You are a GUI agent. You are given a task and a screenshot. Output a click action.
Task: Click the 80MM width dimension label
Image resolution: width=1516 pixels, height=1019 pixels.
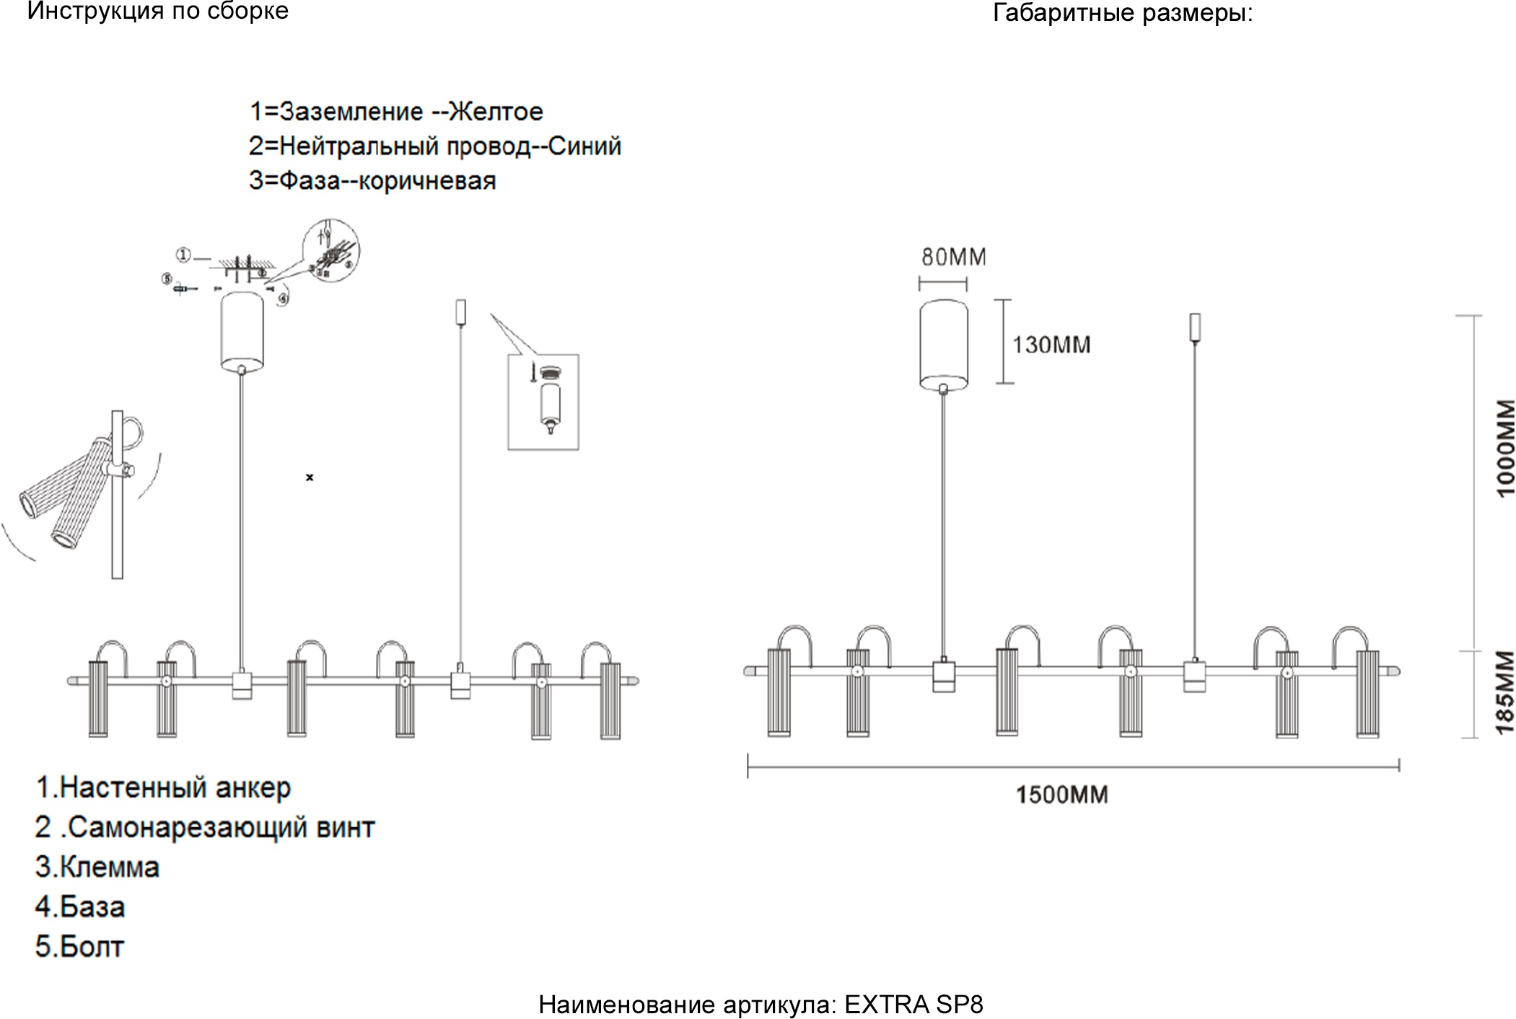coord(953,257)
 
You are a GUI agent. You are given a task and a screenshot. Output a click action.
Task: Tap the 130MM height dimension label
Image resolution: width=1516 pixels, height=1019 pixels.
coord(1051,345)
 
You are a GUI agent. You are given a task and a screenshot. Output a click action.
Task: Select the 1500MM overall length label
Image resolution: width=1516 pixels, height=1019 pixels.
coord(1061,795)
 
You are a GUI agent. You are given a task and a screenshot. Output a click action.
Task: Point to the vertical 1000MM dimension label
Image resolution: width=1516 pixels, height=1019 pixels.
coord(1506,448)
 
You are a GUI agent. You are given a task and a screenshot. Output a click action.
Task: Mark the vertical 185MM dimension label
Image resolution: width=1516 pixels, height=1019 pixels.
coord(1504,692)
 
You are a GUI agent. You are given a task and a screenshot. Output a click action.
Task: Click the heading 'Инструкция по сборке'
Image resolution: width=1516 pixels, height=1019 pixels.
coord(157,12)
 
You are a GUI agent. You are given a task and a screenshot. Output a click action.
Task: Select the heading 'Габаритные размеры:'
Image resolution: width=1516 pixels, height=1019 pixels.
coord(1123,13)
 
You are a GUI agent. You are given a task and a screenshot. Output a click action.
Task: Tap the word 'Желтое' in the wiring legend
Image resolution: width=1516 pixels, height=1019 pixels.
coord(496,112)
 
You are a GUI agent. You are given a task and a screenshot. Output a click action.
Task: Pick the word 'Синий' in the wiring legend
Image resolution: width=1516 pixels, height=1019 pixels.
coord(584,146)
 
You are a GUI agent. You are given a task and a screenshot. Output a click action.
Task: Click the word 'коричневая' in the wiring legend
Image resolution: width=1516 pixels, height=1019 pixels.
coord(427,181)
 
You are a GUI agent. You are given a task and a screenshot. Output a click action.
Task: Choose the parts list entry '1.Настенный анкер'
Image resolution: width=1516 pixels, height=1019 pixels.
coord(163,788)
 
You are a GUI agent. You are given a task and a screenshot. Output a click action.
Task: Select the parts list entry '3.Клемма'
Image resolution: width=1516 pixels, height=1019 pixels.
coord(97,867)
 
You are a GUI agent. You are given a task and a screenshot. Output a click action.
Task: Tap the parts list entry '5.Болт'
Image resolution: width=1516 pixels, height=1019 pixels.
coord(79,947)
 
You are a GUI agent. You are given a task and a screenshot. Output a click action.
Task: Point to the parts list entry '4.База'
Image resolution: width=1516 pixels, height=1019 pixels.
coord(80,907)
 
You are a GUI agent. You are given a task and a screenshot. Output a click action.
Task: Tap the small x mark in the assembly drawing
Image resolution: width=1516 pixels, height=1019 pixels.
coord(310,477)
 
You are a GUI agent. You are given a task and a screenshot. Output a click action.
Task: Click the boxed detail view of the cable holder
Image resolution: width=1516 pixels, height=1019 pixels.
coord(543,402)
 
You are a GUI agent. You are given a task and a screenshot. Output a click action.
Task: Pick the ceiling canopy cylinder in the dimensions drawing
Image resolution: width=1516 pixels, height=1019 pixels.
coord(943,345)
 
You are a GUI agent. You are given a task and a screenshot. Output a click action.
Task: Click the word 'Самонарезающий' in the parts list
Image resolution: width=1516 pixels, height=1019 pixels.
coord(189,827)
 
